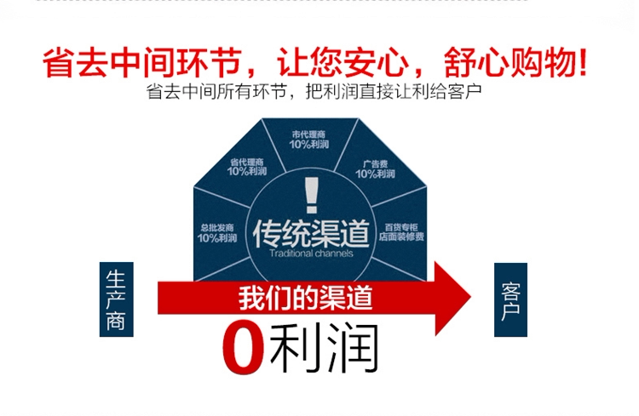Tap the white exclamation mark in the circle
310,194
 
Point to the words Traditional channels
310,254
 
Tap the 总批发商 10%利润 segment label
218,232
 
